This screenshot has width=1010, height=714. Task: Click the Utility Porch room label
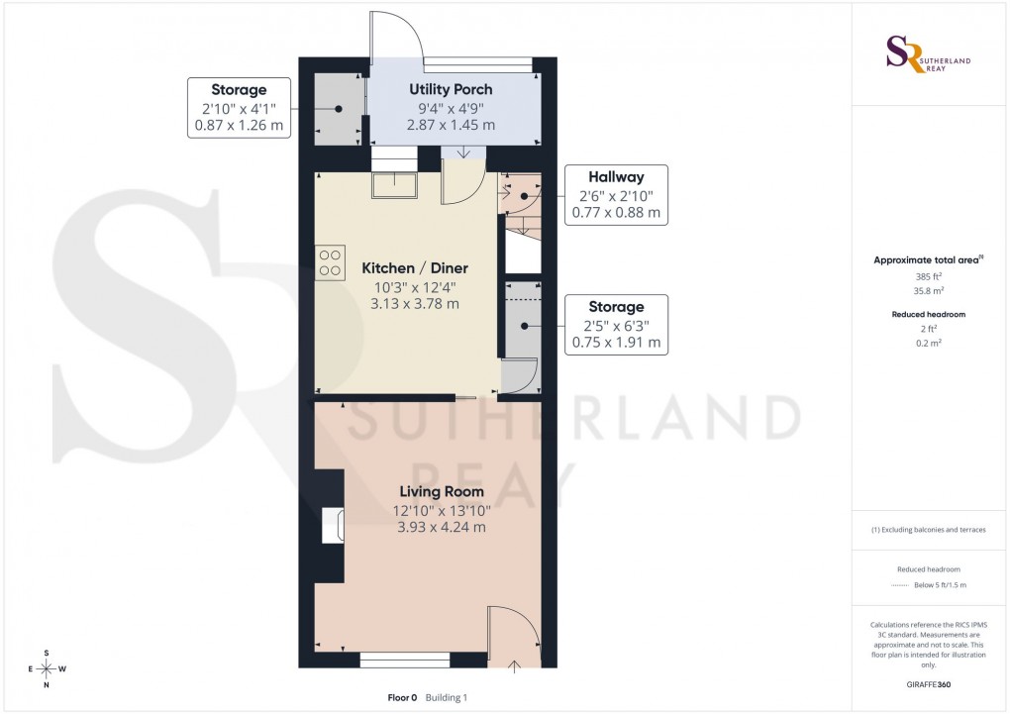pos(451,90)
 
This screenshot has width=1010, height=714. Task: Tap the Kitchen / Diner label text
pos(414,268)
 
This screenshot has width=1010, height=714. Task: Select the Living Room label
pos(442,491)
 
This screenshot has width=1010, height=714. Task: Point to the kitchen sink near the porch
pos(394,185)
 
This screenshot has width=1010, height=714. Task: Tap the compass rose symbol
pos(46,668)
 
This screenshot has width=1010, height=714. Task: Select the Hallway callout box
pos(616,195)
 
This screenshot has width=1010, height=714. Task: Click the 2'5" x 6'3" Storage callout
pos(616,325)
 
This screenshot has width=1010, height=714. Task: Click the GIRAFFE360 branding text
pos(928,684)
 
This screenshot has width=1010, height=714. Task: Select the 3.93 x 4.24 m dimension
pos(442,527)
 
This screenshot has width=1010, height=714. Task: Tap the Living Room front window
pos(405,658)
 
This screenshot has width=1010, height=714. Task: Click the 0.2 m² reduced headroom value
pos(928,342)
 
